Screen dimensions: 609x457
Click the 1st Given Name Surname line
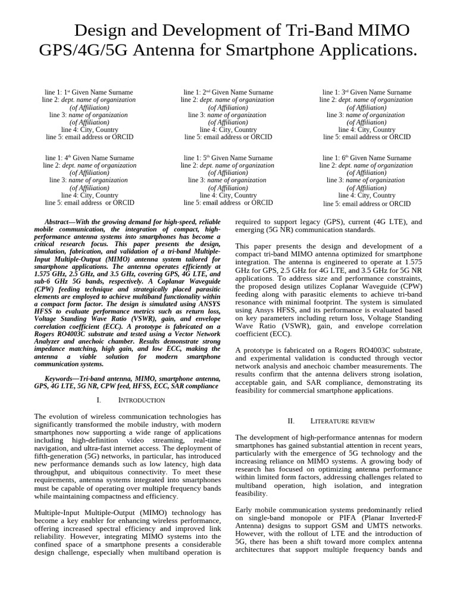[89, 92]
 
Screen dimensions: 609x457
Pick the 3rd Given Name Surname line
[367, 92]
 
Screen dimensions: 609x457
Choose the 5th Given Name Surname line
[228, 158]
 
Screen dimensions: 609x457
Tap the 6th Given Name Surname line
[367, 158]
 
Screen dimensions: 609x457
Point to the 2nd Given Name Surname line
[228, 92]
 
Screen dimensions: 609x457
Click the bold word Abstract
[60, 221]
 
